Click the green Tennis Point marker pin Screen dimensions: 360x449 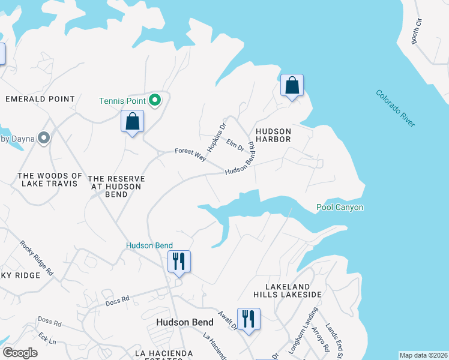pos(155,100)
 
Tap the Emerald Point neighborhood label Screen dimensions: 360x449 pos(40,99)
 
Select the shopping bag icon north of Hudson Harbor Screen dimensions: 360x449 pos(292,86)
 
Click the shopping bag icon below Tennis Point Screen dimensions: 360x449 pos(133,122)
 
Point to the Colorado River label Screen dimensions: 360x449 pos(396,108)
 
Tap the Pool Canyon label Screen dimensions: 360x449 pos(340,208)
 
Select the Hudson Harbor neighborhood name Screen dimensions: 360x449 pos(273,135)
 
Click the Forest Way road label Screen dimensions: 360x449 pos(190,154)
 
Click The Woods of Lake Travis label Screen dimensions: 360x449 pos(50,179)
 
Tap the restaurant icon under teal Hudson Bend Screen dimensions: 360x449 pos(178,262)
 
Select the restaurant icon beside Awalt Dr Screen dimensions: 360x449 pos(249,319)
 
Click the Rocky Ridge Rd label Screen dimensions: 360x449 pos(36,257)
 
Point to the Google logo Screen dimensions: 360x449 pos(20,353)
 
